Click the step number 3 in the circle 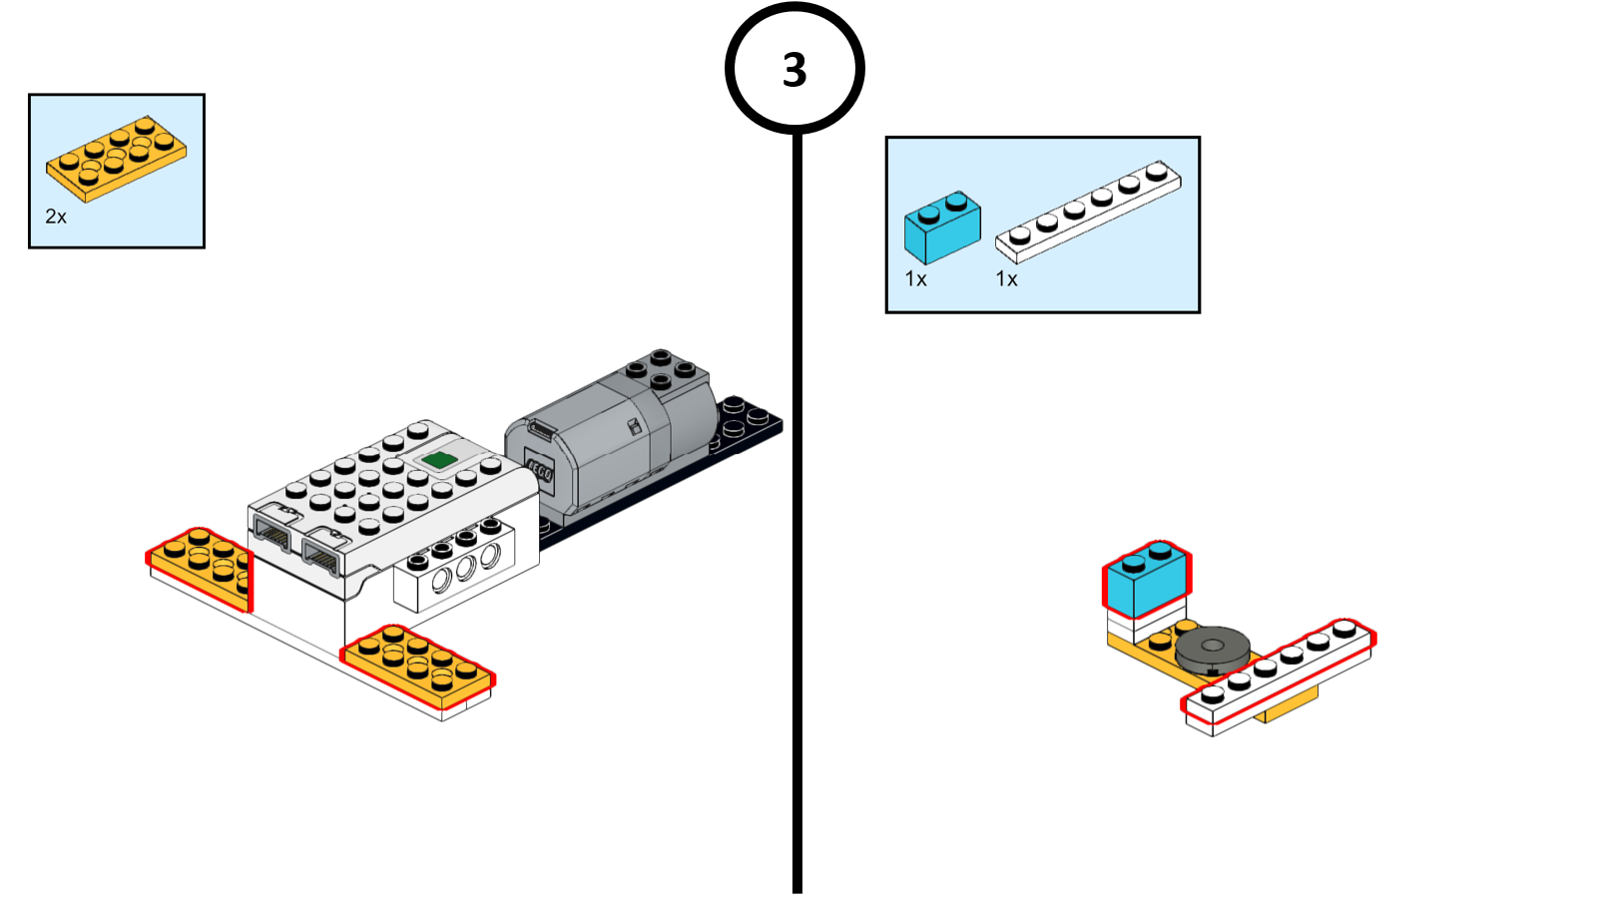pos(795,70)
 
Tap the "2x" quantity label pos(56,217)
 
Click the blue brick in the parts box pos(941,226)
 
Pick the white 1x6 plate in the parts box pos(1088,212)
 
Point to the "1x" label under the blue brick pos(915,279)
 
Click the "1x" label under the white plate pos(1006,279)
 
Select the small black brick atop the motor pos(660,369)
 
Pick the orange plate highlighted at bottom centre pos(417,666)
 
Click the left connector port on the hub pos(272,536)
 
